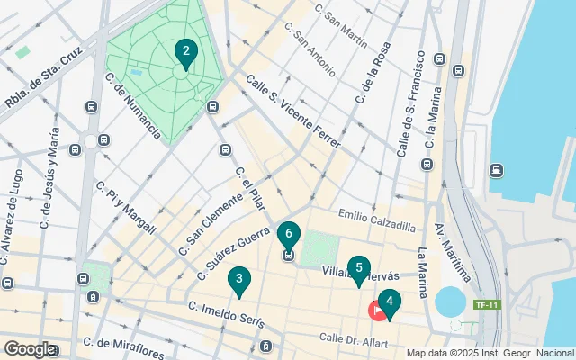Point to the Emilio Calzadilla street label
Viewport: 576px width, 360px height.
pyautogui.click(x=376, y=220)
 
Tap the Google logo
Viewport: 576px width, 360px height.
pyautogui.click(x=29, y=348)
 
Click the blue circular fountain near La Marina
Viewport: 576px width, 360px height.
pyautogui.click(x=447, y=300)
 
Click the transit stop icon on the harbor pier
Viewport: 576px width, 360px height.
pyautogui.click(x=496, y=170)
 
